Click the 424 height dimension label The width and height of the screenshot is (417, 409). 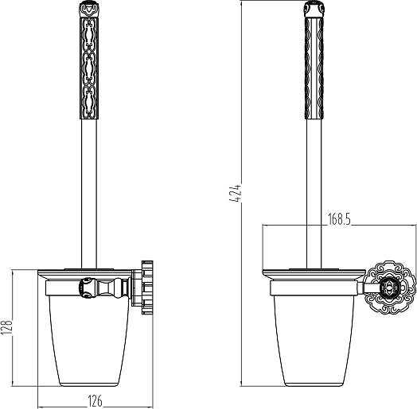[235, 193]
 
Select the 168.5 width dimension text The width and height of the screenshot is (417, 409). [339, 219]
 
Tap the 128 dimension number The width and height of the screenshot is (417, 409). [6, 326]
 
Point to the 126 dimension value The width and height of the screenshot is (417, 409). [95, 401]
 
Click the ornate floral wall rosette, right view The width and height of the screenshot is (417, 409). [389, 287]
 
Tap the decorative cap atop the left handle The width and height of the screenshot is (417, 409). [89, 9]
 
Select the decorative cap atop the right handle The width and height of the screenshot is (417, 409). [314, 9]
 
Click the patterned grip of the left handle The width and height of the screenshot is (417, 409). [89, 68]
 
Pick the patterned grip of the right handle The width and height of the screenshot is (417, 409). [314, 68]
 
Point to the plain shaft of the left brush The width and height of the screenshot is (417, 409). [89, 194]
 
